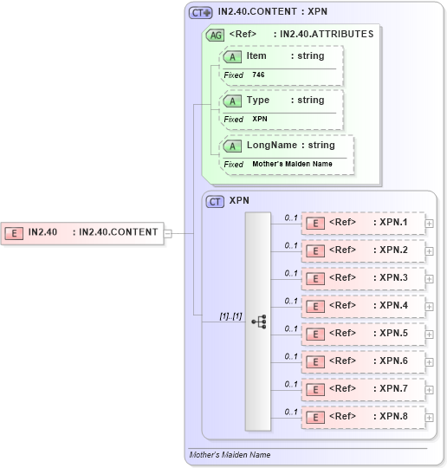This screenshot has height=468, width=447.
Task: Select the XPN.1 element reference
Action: [363, 223]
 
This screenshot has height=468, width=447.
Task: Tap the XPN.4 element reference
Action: [363, 306]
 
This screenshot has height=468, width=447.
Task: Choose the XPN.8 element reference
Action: [363, 417]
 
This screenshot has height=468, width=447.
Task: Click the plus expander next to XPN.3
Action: [430, 279]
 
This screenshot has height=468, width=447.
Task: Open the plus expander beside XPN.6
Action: [430, 362]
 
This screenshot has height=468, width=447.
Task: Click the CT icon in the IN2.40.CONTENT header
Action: [200, 13]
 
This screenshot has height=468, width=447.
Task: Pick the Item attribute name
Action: [256, 56]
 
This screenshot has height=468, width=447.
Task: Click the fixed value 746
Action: [259, 75]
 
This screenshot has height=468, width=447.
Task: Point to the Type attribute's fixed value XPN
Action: [260, 119]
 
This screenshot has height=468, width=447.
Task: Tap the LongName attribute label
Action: [270, 146]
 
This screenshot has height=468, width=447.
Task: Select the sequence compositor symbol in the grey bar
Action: [258, 322]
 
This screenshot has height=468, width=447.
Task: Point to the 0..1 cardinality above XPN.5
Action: [291, 328]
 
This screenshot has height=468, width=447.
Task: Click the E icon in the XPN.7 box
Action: [317, 389]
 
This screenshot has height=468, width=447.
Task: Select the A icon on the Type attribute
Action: [232, 101]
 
